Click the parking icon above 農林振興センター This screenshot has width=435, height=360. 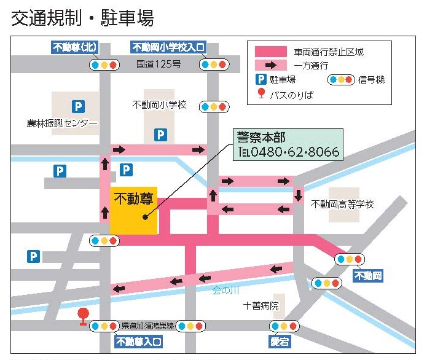[77, 106]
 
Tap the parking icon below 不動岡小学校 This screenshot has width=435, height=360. [160, 134]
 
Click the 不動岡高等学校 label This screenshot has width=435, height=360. [342, 204]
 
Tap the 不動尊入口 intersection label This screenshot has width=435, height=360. [139, 341]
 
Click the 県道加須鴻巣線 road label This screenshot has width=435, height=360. [147, 325]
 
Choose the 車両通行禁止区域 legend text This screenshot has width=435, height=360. [329, 52]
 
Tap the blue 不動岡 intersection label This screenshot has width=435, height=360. [368, 276]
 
